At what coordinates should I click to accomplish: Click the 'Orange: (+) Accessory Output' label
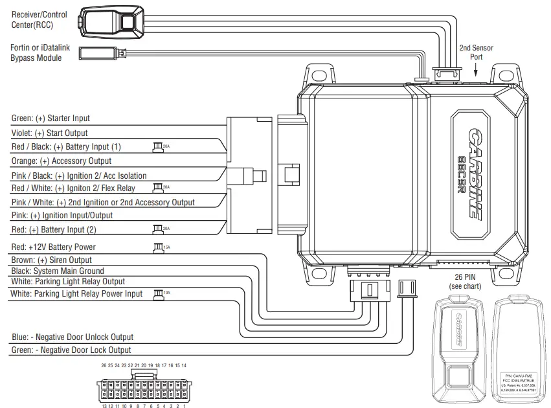(62, 161)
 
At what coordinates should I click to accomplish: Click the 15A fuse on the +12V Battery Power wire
(158, 247)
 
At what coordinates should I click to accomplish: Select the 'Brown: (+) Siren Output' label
(52, 260)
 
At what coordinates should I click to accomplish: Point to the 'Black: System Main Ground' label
(57, 271)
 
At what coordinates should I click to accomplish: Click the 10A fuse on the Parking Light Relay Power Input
(158, 294)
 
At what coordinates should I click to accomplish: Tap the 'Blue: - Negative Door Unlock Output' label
(73, 337)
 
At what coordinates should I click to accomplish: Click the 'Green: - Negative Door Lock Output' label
(71, 350)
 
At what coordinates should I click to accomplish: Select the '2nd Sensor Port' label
(476, 52)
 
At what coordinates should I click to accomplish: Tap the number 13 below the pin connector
(104, 406)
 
